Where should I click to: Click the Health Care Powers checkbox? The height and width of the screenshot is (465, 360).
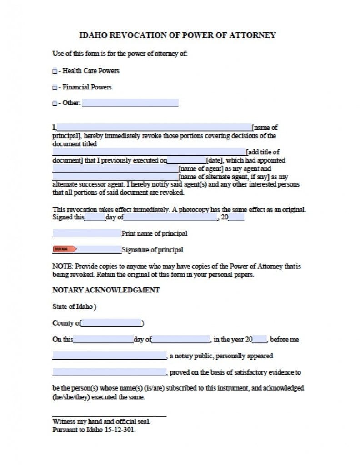click(55, 71)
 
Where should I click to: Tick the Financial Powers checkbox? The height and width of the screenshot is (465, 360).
click(55, 87)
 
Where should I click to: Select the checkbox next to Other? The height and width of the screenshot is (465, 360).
click(55, 104)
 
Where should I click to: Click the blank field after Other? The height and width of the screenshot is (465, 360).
click(130, 103)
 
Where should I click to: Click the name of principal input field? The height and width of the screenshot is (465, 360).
click(154, 127)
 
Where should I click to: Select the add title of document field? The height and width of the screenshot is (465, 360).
click(149, 152)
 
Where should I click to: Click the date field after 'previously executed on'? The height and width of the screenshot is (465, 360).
click(187, 160)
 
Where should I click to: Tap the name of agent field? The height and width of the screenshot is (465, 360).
click(115, 168)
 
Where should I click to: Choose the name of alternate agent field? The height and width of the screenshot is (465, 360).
click(115, 176)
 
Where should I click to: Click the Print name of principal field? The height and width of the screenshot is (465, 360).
click(87, 233)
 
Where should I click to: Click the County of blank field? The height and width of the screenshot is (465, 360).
click(111, 323)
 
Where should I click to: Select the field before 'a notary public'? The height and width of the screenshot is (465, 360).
click(110, 356)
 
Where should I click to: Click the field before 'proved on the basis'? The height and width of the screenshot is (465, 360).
click(110, 373)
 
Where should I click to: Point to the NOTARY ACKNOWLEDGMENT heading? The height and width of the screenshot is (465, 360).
click(106, 290)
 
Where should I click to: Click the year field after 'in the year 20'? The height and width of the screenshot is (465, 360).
click(260, 339)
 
